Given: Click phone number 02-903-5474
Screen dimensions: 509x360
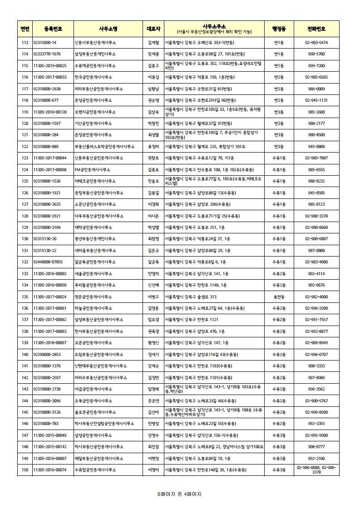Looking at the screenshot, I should (316, 43).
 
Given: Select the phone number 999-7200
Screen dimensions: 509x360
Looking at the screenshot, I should (316, 66).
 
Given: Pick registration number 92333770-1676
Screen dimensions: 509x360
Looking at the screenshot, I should (47, 54).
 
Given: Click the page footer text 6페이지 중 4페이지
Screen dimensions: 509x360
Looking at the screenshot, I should (179, 494).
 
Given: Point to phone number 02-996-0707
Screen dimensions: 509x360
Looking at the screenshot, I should (316, 355).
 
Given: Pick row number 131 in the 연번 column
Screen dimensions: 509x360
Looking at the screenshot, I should (25, 251).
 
